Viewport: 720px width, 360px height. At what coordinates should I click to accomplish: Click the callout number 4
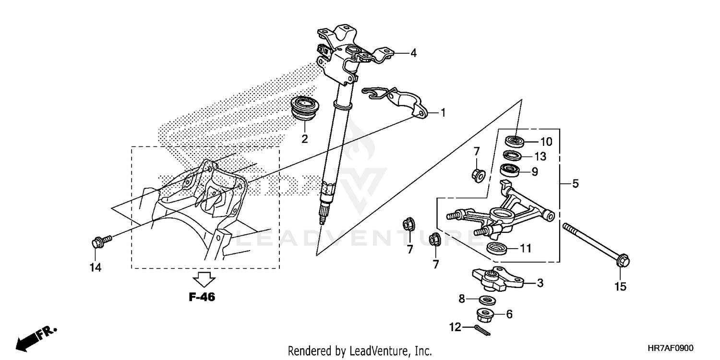pyautogui.click(x=413, y=53)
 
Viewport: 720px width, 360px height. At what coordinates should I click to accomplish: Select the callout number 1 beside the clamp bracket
pyautogui.click(x=443, y=113)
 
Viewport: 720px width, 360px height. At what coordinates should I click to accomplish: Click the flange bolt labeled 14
pyautogui.click(x=99, y=240)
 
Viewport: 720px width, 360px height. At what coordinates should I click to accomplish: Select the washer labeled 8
pyautogui.click(x=488, y=300)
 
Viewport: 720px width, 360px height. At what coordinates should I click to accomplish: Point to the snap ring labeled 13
pyautogui.click(x=512, y=156)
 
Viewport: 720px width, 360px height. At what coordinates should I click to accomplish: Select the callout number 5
pyautogui.click(x=575, y=183)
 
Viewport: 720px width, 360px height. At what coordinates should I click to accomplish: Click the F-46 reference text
pyautogui.click(x=202, y=297)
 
